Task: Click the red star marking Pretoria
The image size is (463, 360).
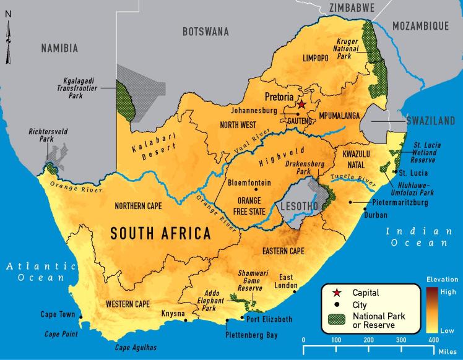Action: [x=301, y=105]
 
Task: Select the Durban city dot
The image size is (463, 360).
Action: [x=365, y=208]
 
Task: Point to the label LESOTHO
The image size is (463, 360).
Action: [x=298, y=205]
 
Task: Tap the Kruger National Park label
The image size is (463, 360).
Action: [x=348, y=48]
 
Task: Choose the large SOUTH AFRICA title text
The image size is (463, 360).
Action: [x=160, y=233]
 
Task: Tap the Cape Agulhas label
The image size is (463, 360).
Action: [x=136, y=348]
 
